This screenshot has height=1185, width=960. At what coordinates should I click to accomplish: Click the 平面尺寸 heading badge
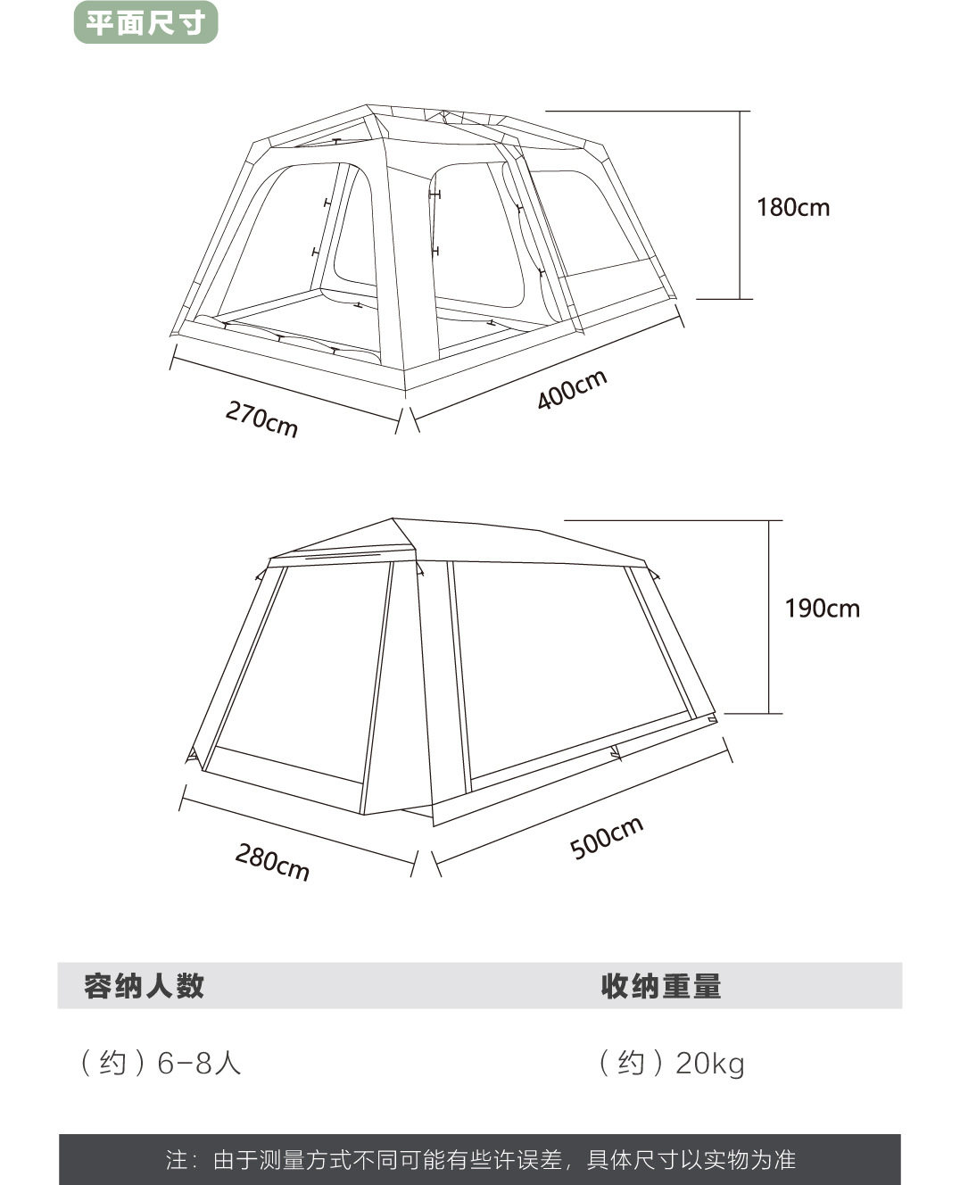(x=145, y=23)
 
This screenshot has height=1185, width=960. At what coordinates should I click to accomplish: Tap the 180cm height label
(x=792, y=208)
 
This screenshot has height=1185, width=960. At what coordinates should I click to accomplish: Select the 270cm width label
(x=261, y=418)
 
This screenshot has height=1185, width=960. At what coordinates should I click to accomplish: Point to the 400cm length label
(x=572, y=390)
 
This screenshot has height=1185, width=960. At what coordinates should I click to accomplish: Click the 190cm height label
(x=822, y=609)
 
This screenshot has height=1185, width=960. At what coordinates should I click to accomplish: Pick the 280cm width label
(x=272, y=861)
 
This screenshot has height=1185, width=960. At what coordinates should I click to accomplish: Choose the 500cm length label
(x=606, y=837)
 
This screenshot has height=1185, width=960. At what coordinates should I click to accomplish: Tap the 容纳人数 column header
(x=145, y=986)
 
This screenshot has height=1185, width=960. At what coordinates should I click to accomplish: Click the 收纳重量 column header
(x=660, y=986)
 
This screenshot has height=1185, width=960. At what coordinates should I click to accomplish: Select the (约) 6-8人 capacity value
(x=161, y=1063)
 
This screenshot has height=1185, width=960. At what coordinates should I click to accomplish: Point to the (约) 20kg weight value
(x=671, y=1063)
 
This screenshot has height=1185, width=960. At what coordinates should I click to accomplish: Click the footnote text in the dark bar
(x=480, y=1159)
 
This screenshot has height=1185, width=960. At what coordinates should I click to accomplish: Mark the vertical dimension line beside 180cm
(x=740, y=205)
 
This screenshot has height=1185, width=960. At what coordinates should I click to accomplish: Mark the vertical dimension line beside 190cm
(x=769, y=616)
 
